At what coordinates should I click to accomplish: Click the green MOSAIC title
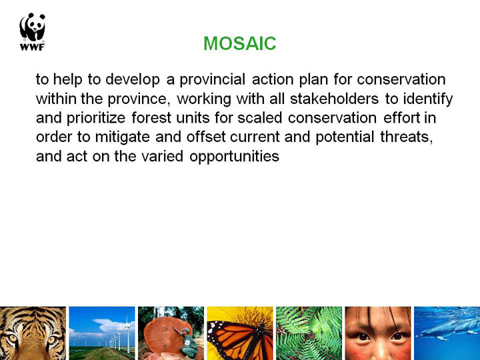coord(240,43)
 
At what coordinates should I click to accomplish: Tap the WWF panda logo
coord(32,31)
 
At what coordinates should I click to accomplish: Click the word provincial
coord(212,79)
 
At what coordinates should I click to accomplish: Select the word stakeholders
coord(334,99)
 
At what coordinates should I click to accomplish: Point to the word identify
coord(427,99)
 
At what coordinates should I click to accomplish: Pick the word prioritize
coord(96,119)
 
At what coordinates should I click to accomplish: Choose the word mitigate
coord(123,137)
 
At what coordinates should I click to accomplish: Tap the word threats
coord(407,137)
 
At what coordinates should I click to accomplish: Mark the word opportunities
coord(234,157)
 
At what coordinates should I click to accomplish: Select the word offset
coord(206,137)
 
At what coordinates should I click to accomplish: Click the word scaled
coord(259,118)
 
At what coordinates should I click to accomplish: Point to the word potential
coord(345,137)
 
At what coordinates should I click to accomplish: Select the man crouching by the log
coord(188,343)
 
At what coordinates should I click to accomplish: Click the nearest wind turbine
coord(127,334)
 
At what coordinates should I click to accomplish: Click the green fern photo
coord(309,333)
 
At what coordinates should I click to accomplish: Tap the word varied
coord(162,156)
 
